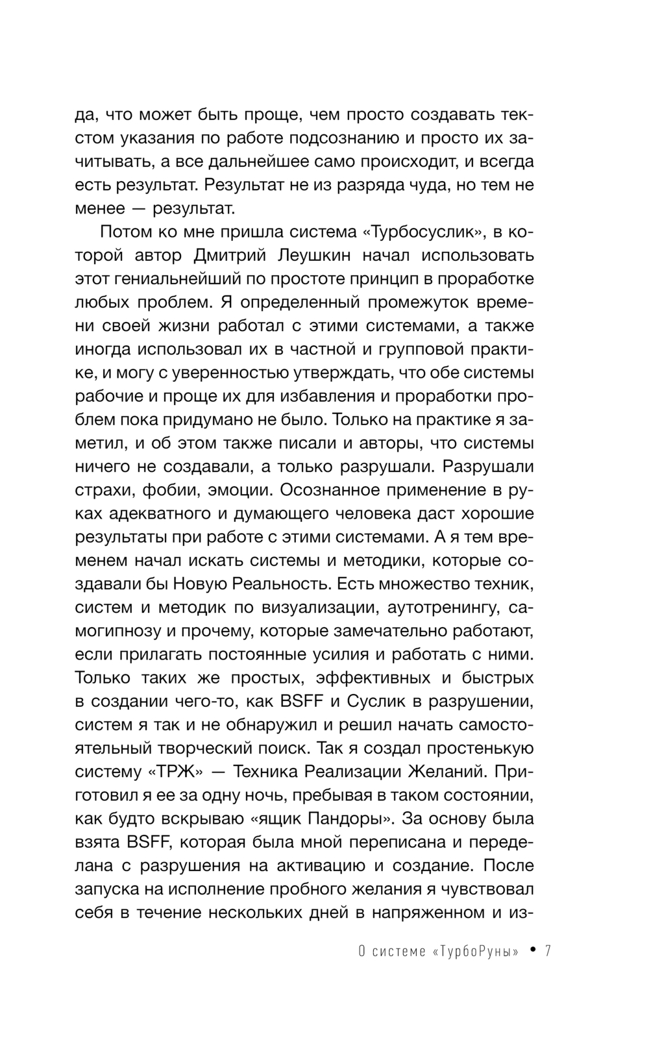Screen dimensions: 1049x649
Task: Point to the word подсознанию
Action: pyautogui.click(x=350, y=138)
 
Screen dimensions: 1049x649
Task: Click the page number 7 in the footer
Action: pyautogui.click(x=548, y=952)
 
